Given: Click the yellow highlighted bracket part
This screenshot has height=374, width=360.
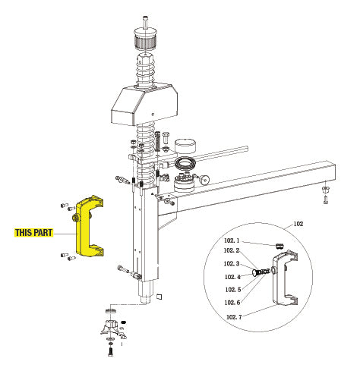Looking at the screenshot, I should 92,228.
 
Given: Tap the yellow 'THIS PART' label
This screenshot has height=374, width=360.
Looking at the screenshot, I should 33,233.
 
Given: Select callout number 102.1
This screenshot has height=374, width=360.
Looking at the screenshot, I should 232,240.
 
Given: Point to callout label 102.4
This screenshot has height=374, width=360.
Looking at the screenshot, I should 232,278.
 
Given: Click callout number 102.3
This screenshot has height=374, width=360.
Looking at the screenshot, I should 232,264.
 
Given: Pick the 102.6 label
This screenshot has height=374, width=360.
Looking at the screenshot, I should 232,302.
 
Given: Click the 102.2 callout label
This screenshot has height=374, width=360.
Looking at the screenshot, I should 232,250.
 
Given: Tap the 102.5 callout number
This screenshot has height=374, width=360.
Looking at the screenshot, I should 232,289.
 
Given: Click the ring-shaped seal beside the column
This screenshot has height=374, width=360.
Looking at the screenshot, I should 187,165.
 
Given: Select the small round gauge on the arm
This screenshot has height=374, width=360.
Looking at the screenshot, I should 207,180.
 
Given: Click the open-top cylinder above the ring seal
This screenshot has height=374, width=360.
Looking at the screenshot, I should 186,146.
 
